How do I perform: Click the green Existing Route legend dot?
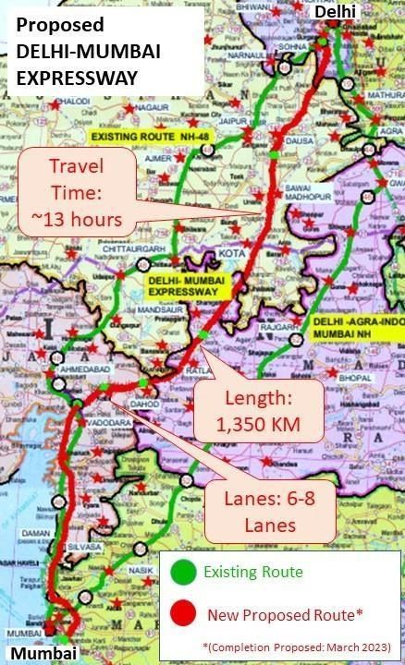click(x=182, y=574)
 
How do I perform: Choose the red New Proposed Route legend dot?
click(x=182, y=613)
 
